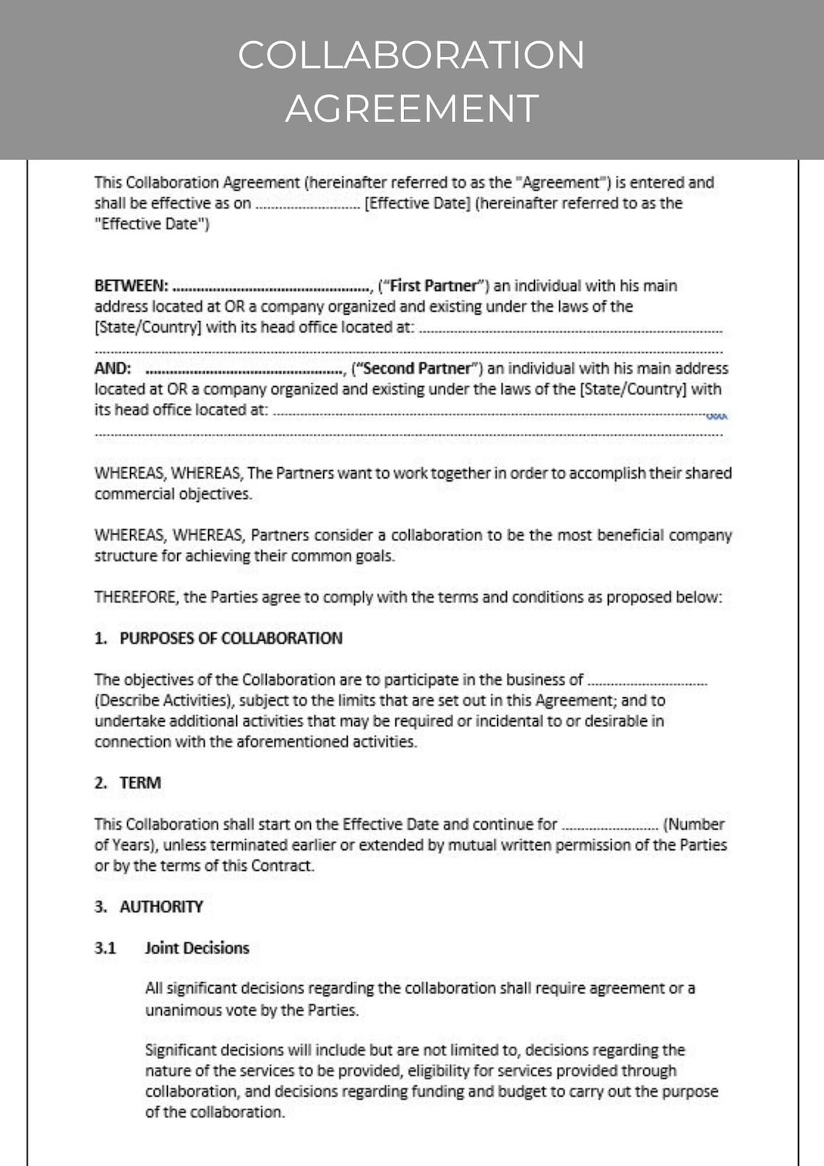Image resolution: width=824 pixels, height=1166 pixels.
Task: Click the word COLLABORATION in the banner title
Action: click(411, 55)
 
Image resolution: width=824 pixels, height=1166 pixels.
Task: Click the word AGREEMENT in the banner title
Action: click(412, 108)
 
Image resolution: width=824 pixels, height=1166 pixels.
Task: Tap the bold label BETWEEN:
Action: click(131, 286)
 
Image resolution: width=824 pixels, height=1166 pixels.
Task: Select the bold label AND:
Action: click(113, 368)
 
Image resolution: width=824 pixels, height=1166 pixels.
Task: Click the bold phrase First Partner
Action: click(434, 286)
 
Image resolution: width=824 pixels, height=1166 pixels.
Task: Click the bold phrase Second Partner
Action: click(416, 368)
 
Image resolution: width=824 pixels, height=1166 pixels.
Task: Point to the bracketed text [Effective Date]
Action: click(418, 203)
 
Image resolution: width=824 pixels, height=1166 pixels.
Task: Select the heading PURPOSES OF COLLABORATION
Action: click(231, 638)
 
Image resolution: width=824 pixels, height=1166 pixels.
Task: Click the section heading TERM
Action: click(140, 783)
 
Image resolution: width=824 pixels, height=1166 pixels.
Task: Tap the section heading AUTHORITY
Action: click(161, 906)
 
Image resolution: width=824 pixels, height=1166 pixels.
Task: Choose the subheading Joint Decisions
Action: click(197, 948)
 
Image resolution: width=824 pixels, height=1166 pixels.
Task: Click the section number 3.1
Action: click(105, 948)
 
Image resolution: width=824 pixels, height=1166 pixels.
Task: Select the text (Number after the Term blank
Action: click(693, 824)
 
